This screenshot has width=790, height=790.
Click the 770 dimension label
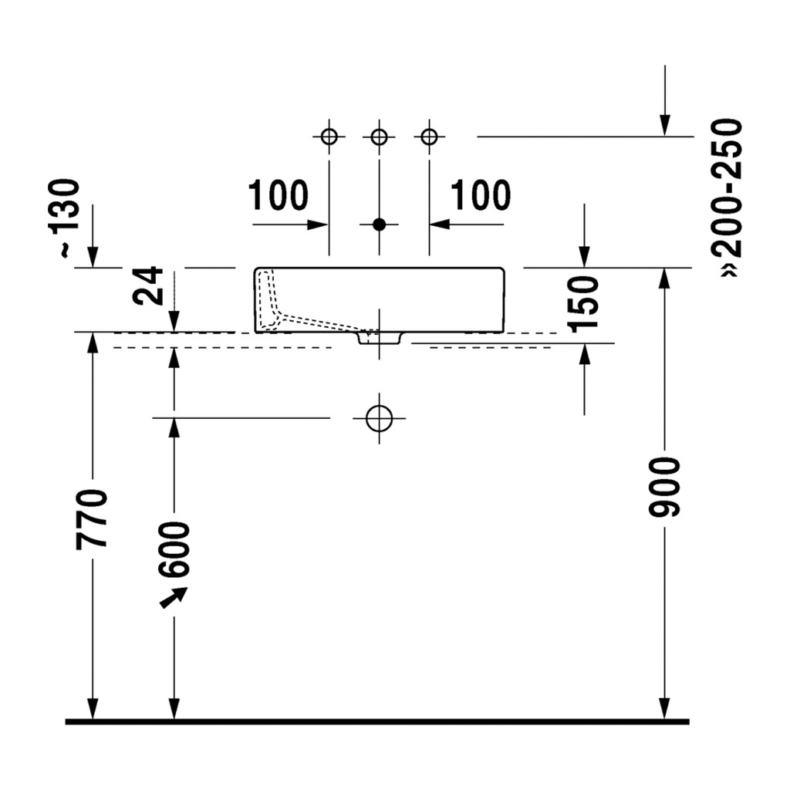coord(92,518)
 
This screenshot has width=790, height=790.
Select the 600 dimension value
coord(174,549)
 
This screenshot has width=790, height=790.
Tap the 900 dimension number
coord(664,488)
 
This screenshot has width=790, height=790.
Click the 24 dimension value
coord(148,285)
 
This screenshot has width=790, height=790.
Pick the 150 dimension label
coord(583,304)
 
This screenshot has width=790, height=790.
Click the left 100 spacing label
coord(278,195)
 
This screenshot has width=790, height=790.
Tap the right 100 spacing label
coord(480,195)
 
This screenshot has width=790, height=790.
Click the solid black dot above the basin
coord(379,225)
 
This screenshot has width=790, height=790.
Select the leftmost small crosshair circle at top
coord(329,137)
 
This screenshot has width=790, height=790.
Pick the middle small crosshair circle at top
coord(379,137)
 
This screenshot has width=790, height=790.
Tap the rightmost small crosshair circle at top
coord(429,137)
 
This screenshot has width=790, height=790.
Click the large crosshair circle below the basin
coord(380,418)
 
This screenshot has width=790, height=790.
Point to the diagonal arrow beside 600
coord(174,598)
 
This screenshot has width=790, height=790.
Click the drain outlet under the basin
coord(380,338)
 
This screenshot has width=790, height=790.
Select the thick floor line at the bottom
coord(377,722)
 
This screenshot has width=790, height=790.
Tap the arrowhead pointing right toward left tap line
coord(318,225)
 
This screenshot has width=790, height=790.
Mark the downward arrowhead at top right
coord(665,126)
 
